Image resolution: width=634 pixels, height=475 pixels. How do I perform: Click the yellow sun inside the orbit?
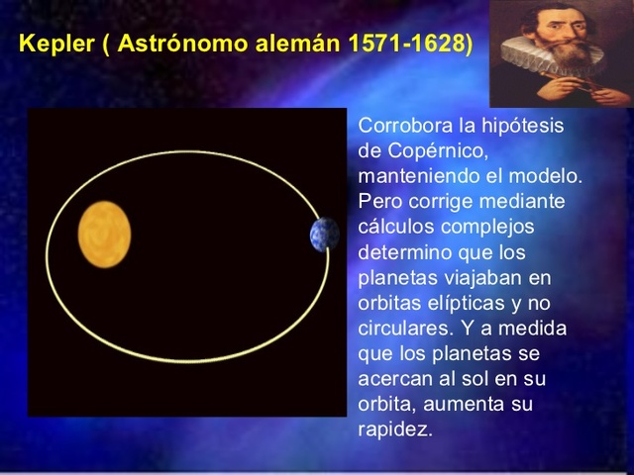(104, 235)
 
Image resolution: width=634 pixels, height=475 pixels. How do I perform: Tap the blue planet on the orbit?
(324, 235)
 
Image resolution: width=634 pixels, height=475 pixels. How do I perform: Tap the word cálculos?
(390, 228)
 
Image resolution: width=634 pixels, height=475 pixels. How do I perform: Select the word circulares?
(398, 329)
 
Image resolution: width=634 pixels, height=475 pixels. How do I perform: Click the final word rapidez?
(394, 429)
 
